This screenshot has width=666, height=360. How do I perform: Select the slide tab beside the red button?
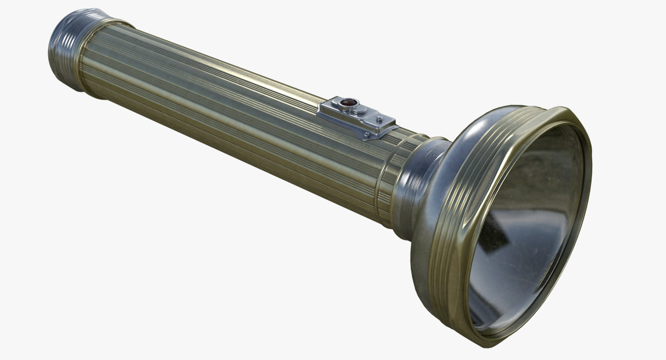tap(360, 110)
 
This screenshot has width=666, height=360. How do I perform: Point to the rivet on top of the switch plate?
tap(379, 119)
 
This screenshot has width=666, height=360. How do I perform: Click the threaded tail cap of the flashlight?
tap(67, 49)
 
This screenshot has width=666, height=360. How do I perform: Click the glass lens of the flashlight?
tap(526, 225)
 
